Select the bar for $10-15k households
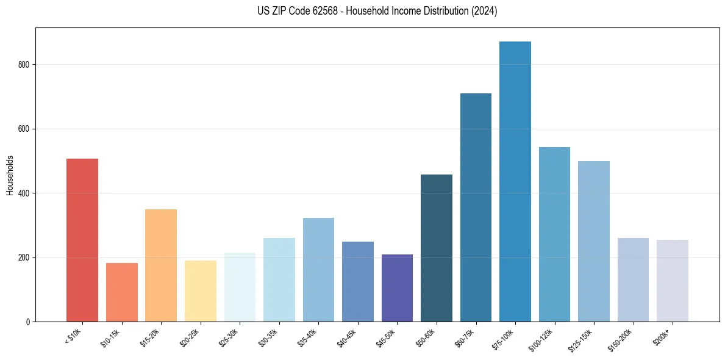tap(121, 292)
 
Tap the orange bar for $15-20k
tap(161, 265)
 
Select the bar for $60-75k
tap(476, 207)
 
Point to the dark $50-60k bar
tap(437, 248)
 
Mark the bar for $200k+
tap(673, 281)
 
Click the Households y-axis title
tap(10, 175)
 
